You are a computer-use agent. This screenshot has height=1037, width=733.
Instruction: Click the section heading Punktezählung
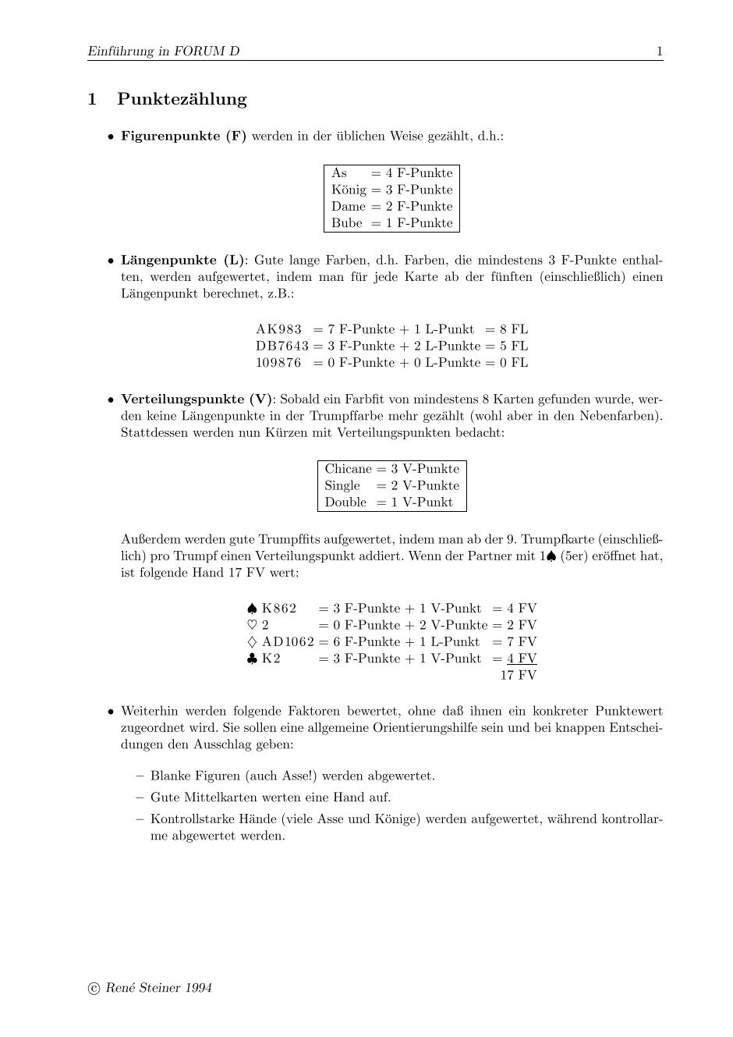coord(182,99)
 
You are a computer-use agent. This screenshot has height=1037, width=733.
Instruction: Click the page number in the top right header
coord(659,51)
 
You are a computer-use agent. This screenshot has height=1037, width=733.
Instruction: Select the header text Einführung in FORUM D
coord(164,51)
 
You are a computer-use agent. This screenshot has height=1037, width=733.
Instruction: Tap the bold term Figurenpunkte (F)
coord(183,136)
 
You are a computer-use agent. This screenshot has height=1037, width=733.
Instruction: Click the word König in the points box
coord(348,190)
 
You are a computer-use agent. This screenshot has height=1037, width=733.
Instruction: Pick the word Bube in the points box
coord(346,223)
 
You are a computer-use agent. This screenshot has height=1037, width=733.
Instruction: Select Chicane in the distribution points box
coord(348,469)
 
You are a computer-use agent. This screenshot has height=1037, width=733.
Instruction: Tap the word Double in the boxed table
coord(345,503)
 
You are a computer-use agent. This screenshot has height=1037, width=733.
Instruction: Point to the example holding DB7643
coord(282,346)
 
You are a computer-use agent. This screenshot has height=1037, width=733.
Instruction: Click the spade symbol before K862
coord(251,609)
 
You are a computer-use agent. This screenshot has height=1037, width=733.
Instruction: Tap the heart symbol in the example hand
coord(251,625)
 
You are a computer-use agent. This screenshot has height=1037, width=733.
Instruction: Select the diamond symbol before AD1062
coord(251,642)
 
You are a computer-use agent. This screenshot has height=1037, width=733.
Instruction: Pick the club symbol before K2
coord(251,659)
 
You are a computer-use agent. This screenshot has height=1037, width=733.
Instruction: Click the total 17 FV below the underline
coord(519,675)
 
